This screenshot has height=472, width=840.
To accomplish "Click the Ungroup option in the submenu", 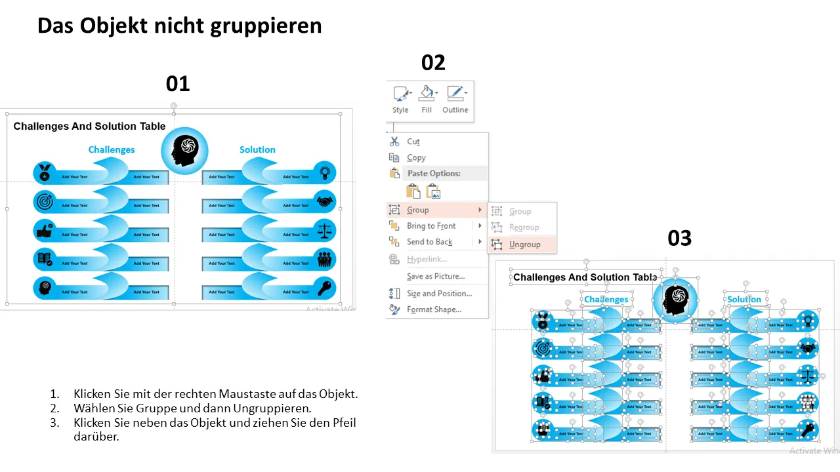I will click(524, 245).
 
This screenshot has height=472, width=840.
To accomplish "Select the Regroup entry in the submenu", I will click(524, 227).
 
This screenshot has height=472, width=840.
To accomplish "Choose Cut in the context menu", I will click(413, 142).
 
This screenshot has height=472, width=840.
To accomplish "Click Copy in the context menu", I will click(416, 157).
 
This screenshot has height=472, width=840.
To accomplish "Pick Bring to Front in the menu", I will click(430, 226).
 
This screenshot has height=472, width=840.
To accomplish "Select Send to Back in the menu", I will click(429, 242).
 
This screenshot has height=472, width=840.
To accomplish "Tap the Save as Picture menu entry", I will click(435, 277).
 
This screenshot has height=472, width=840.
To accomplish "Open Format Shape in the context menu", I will click(434, 309).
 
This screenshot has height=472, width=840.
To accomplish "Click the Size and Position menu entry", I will click(439, 294).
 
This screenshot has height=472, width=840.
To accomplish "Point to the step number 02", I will click(433, 63).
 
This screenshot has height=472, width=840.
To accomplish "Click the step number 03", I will click(679, 239).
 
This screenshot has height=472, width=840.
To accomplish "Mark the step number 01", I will click(177, 84).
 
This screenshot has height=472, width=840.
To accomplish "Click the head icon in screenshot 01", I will click(184, 151).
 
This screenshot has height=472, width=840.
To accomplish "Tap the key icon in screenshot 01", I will click(324, 287).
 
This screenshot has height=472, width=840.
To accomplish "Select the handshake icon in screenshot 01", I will click(324, 201).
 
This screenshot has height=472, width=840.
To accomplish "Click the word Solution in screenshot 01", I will click(257, 149).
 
